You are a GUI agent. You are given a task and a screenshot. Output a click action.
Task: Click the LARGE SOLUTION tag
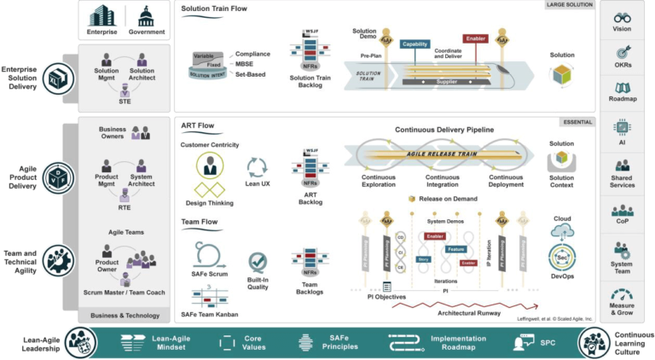pos(569,5)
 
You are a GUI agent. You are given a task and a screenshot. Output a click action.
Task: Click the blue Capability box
pos(414,44)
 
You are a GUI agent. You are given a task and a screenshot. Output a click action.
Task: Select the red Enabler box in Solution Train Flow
pos(475,38)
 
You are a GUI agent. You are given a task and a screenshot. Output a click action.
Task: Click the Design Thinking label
pos(209,203)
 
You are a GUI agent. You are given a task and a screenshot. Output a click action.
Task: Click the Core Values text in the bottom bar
pos(252,343)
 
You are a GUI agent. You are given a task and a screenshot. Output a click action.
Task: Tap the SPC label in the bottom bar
pos(547,343)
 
